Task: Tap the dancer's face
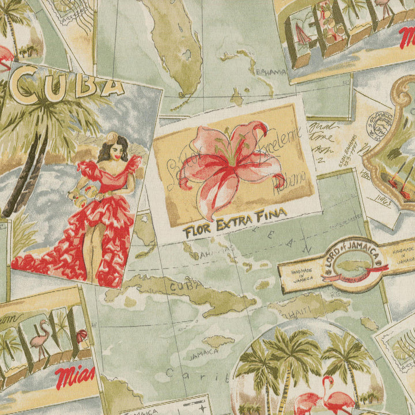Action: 116,150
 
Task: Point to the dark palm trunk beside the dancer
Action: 26,173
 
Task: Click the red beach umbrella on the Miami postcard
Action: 81,334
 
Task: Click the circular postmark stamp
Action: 379,123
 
